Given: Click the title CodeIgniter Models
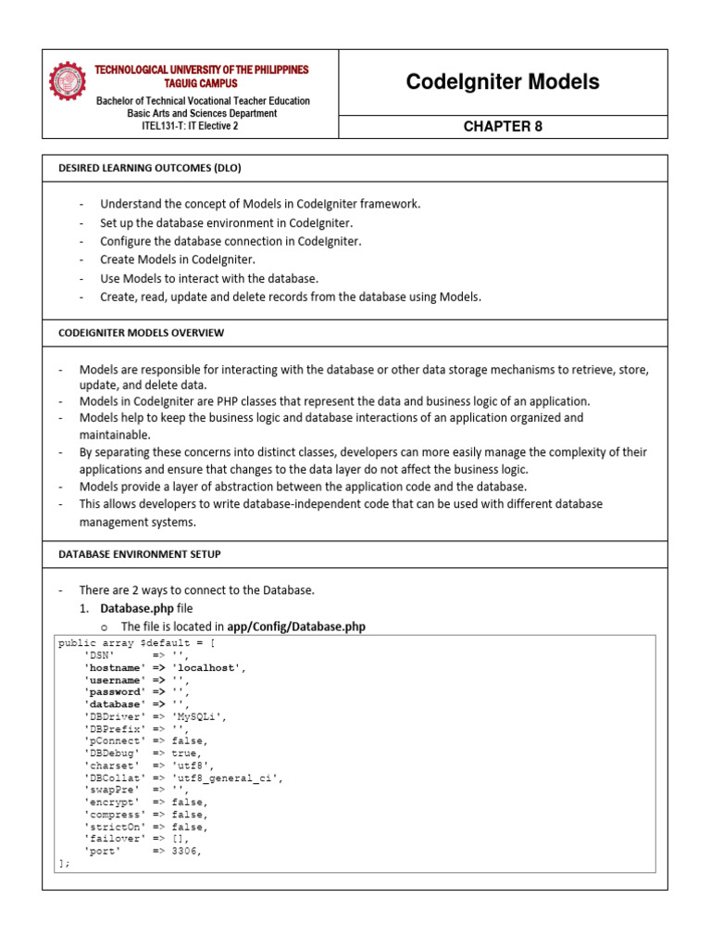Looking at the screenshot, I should click(x=503, y=82).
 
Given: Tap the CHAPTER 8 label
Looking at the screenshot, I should click(x=503, y=127).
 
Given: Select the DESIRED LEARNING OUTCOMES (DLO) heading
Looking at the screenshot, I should click(x=151, y=168).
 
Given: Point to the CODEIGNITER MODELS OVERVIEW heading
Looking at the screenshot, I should click(x=141, y=333).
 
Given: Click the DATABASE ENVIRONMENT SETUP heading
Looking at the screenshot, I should click(x=139, y=554).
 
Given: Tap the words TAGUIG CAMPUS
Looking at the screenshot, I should click(x=202, y=83).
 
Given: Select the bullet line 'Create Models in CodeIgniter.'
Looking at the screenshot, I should click(x=177, y=259).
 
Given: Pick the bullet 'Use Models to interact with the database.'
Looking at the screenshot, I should click(x=209, y=278).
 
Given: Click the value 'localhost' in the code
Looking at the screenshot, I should click(x=208, y=667).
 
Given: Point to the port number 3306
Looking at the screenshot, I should click(x=185, y=850).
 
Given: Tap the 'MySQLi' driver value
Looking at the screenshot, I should click(x=199, y=716).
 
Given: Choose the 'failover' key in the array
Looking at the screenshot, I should click(x=113, y=838).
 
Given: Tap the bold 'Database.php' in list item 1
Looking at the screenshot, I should click(x=137, y=608).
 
